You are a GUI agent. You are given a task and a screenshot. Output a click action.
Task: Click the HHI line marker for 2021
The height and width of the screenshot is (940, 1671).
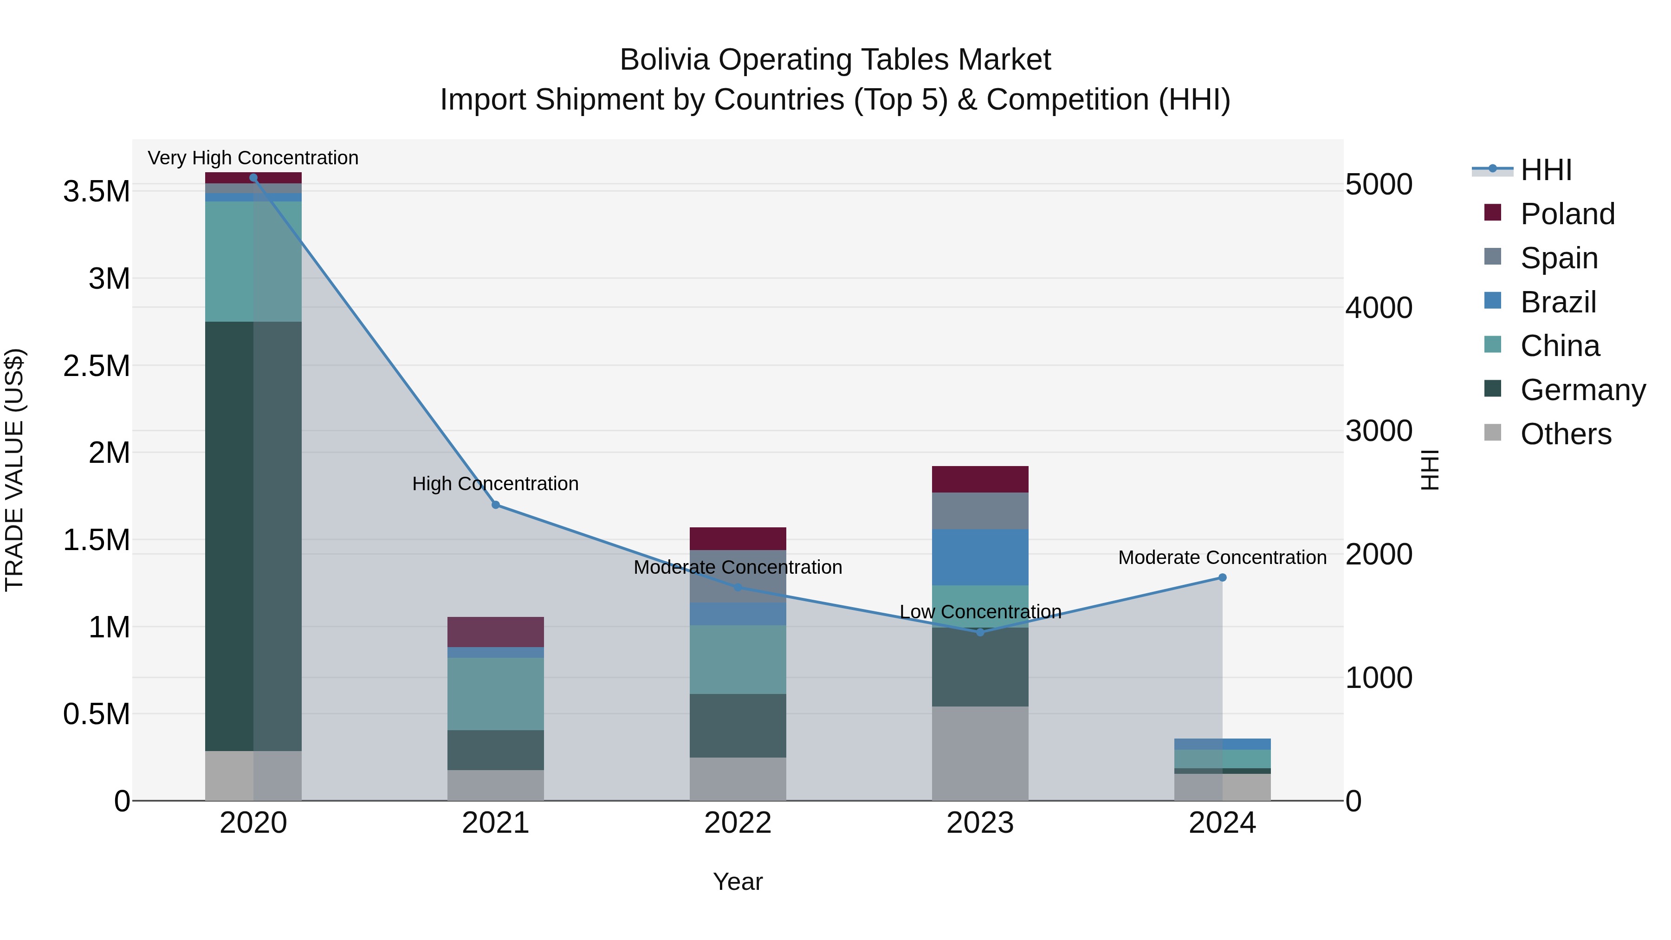pyautogui.click(x=496, y=505)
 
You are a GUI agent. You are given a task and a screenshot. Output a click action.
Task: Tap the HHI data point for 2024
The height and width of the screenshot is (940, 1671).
pyautogui.click(x=1222, y=577)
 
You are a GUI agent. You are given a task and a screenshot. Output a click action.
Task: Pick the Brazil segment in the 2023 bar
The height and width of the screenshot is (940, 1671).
pyautogui.click(x=980, y=557)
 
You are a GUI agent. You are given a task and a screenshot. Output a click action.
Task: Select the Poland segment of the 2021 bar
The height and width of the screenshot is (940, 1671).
pyautogui.click(x=496, y=631)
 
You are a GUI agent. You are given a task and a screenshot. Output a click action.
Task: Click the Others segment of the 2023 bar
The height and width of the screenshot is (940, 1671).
pyautogui.click(x=980, y=753)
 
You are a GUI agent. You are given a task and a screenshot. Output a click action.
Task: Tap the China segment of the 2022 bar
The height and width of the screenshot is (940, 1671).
pyautogui.click(x=738, y=660)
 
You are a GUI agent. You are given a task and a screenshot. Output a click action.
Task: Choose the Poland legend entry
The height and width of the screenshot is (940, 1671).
pyautogui.click(x=1567, y=214)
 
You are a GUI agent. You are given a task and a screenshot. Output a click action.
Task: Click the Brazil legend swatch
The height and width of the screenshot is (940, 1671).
pyautogui.click(x=1493, y=301)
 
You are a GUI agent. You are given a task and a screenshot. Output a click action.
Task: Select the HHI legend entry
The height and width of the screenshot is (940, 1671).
pyautogui.click(x=1545, y=170)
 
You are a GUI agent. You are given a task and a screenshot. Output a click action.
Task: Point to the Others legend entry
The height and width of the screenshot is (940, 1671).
pyautogui.click(x=1565, y=434)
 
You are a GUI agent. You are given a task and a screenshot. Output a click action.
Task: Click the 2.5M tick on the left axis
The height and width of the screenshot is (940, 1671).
pyautogui.click(x=96, y=366)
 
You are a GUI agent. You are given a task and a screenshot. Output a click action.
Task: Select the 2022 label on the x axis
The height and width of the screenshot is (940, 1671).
pyautogui.click(x=738, y=823)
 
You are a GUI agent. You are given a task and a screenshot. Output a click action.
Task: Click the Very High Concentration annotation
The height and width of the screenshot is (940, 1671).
pyautogui.click(x=253, y=158)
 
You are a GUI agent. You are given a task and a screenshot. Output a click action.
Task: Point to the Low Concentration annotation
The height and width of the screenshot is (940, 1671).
pyautogui.click(x=980, y=612)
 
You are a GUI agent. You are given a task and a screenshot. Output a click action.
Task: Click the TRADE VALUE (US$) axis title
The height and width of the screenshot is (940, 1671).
pyautogui.click(x=14, y=470)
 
